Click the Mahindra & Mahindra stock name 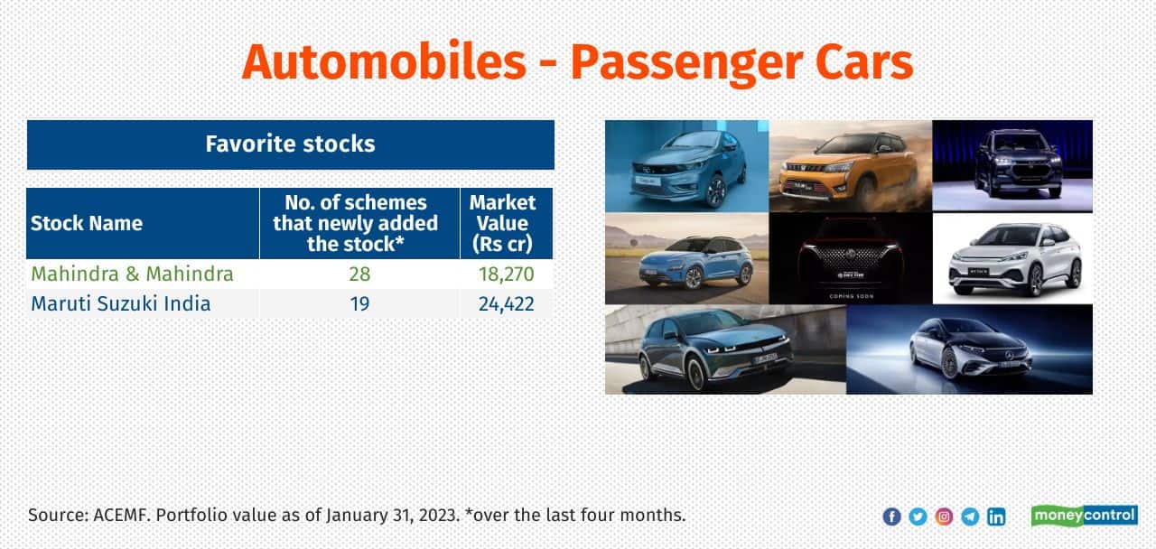132,274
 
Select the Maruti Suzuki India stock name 121,304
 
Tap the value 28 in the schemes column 359,274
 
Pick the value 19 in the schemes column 359,304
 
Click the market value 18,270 507,274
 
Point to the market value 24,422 507,304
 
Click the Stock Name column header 87,223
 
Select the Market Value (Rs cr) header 503,223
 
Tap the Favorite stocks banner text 290,144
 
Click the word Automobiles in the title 384,62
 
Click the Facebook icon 891,516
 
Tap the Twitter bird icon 918,516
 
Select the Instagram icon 944,516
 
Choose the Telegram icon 970,516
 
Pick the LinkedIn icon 996,516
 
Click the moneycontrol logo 1085,516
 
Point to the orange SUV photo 851,166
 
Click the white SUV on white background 1012,258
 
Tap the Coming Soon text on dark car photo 851,296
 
